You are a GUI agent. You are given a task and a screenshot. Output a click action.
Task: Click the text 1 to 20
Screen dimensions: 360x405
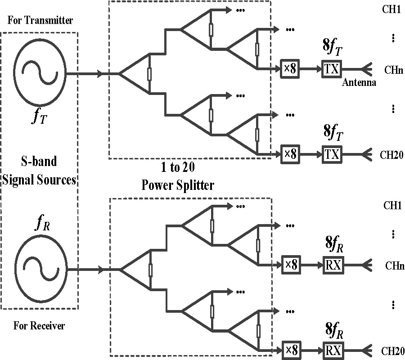tap(178, 168)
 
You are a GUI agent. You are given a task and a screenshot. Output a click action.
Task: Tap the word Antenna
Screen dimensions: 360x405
tap(359, 82)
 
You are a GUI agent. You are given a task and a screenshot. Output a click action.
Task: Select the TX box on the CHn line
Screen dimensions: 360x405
tap(332, 70)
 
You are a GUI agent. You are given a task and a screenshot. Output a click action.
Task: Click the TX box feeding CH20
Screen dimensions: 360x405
tap(332, 154)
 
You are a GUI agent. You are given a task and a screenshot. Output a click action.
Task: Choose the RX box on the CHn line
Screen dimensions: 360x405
tap(333, 265)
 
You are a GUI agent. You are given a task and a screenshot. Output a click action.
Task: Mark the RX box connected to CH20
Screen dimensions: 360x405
tap(333, 349)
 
